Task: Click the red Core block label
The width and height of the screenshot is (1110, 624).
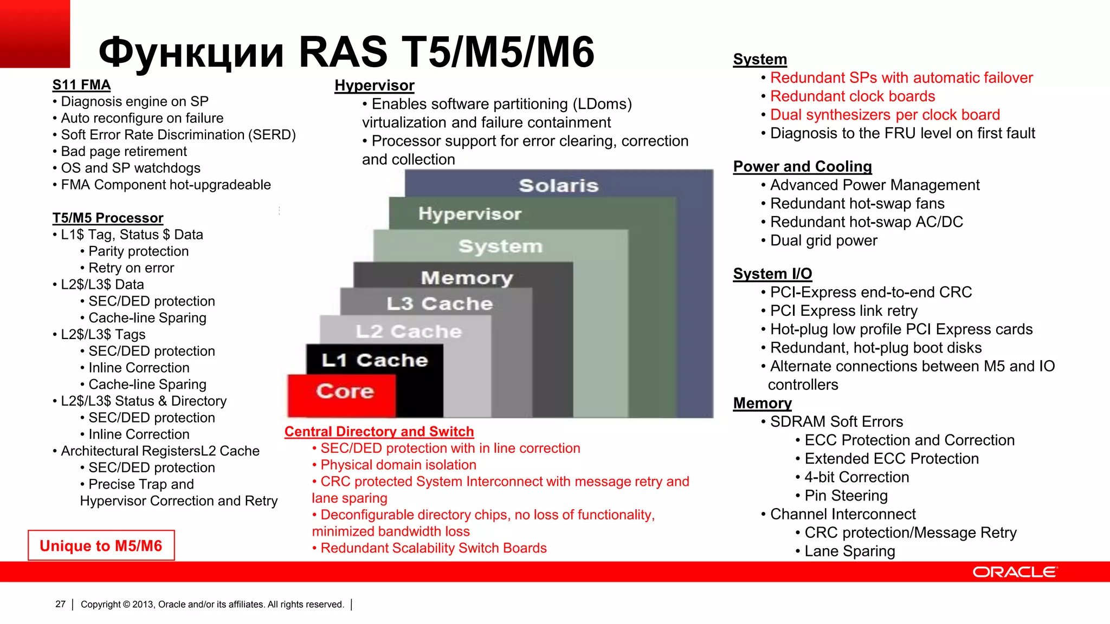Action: coord(345,391)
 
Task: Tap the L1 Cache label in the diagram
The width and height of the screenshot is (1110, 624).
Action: coord(375,360)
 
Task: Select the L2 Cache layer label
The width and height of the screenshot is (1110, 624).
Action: coord(409,331)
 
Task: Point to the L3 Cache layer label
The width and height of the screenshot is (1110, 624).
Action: coord(440,303)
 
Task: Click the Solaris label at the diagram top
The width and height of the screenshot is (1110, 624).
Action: coord(558,186)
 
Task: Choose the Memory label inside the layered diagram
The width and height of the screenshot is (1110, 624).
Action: coord(467,278)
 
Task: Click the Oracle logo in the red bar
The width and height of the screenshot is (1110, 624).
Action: coord(1015,572)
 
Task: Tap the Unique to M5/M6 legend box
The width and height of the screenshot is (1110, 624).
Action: coord(101,545)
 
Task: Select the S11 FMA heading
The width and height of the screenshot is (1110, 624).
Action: coord(81,85)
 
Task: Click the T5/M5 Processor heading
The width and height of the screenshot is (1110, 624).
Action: coord(108,218)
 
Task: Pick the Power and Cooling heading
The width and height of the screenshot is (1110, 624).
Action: coord(802,167)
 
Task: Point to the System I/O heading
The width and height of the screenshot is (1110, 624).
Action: coord(772,274)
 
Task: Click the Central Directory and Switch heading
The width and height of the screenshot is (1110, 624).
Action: coord(379,432)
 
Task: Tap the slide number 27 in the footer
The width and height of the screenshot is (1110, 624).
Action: coord(60,604)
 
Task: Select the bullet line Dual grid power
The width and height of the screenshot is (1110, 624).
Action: coord(823,240)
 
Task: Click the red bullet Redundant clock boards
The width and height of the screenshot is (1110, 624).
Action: coord(853,96)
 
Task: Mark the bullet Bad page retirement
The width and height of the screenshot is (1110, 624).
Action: coord(124,152)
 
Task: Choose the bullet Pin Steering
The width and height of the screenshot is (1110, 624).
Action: coord(846,496)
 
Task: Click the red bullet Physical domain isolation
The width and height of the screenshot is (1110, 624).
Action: coord(398,465)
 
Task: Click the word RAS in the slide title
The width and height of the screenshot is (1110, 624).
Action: coord(343,52)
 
